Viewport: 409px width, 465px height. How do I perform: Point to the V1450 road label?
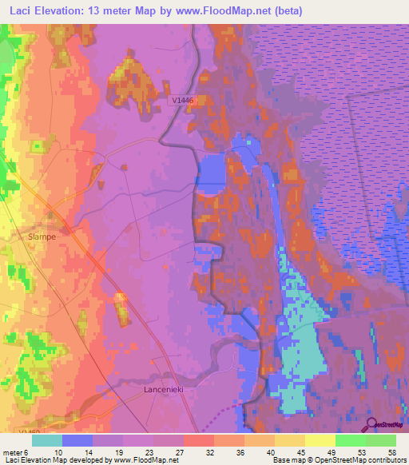pos(11,435)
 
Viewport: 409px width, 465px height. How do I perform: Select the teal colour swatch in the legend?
pos(47,440)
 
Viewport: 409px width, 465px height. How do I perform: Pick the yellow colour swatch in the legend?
pos(320,440)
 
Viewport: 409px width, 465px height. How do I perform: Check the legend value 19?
pos(117,451)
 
